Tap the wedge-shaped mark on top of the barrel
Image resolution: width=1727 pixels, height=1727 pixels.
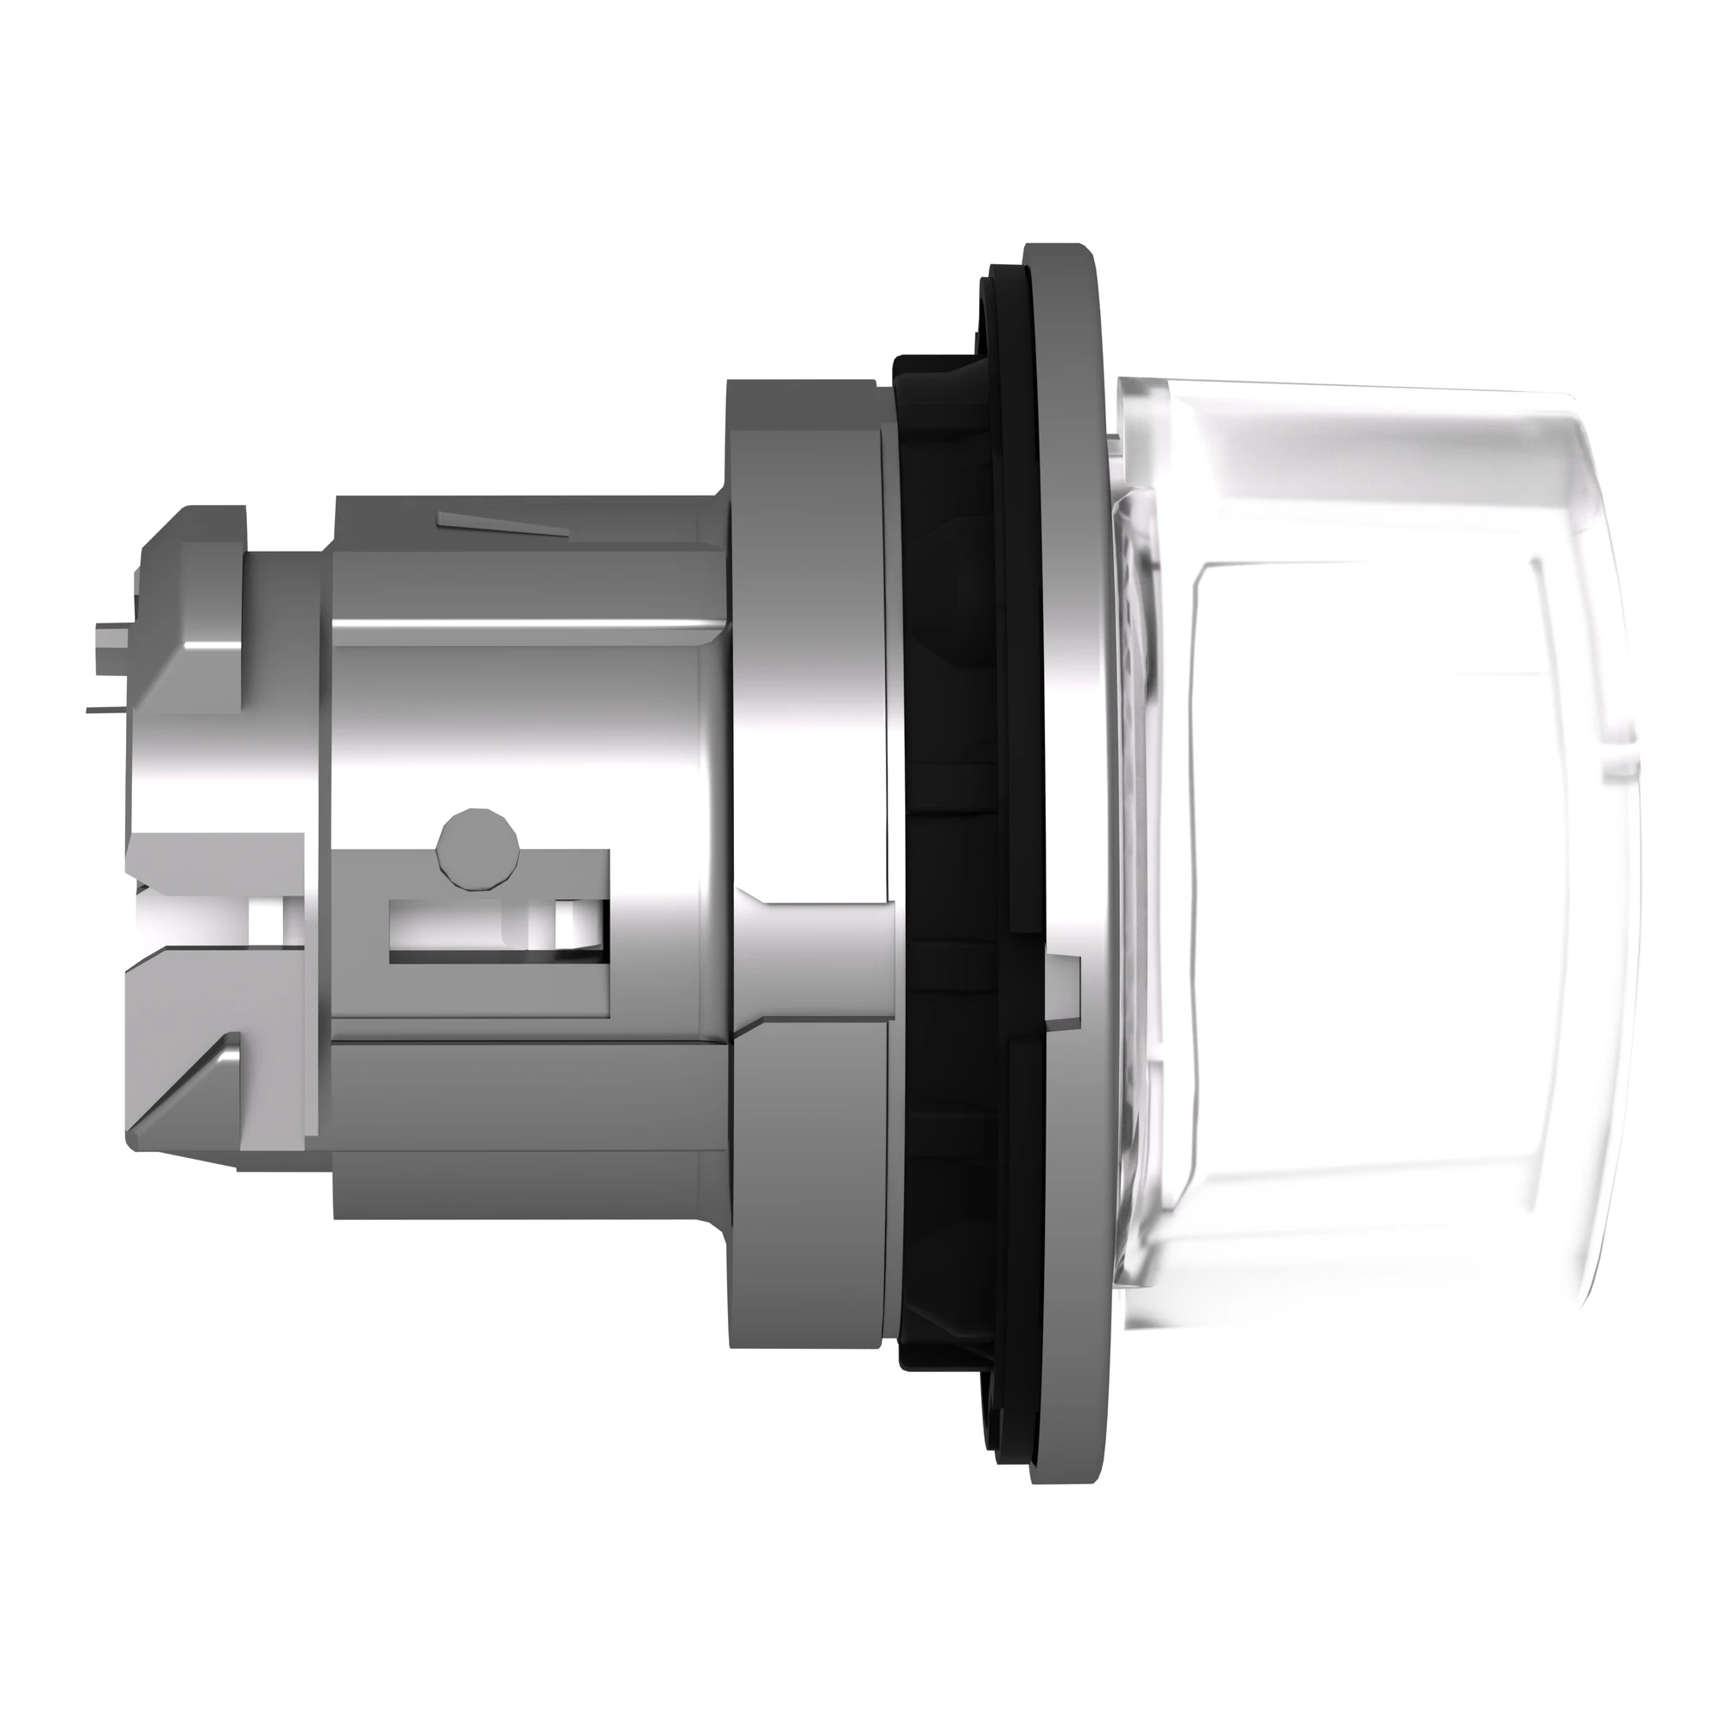coord(502,526)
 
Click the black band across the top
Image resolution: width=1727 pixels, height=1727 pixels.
coord(863,85)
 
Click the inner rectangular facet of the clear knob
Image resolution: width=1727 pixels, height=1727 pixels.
coord(1358,858)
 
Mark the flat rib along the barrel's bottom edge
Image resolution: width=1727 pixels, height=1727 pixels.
coord(528,1185)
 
